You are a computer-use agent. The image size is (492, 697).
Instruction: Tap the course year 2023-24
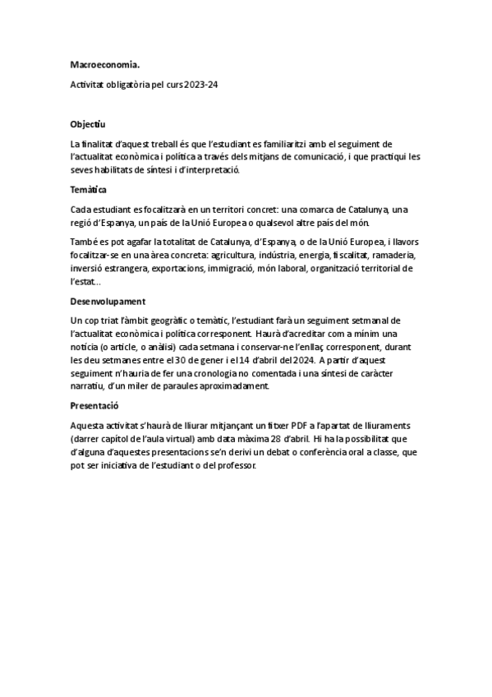point(202,85)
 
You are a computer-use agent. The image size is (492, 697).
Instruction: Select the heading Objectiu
point(89,125)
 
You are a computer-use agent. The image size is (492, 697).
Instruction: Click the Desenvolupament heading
point(108,302)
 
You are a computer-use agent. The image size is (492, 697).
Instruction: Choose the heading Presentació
point(94,405)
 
